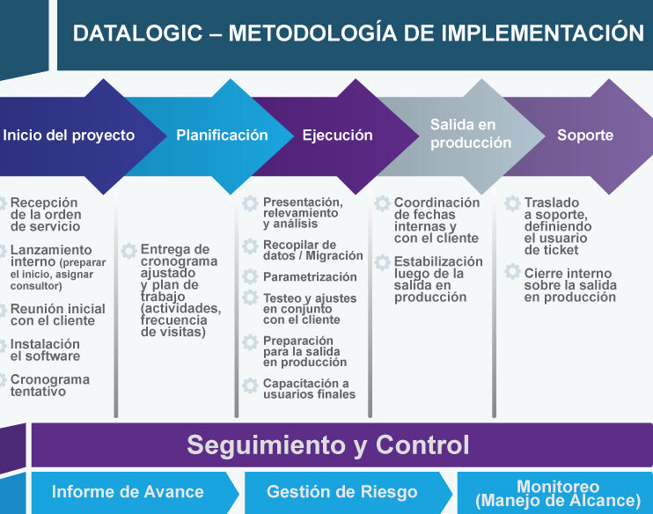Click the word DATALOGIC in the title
point(138,33)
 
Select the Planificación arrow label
point(222,135)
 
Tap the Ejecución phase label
point(337,135)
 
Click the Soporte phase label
point(585,135)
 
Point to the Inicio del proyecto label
point(69,136)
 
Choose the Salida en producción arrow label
point(471,133)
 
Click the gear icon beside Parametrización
point(250,276)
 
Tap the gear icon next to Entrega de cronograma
point(128,251)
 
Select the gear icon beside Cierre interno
point(512,271)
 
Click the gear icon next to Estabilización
point(382,262)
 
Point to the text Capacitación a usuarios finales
point(309,389)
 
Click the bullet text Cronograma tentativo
point(50,385)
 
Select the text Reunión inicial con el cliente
point(58,314)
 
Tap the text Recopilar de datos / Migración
point(312,250)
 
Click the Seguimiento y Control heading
point(327,444)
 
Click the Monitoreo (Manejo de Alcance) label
point(558,494)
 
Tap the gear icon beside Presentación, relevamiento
point(250,203)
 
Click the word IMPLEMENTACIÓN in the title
point(543,33)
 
